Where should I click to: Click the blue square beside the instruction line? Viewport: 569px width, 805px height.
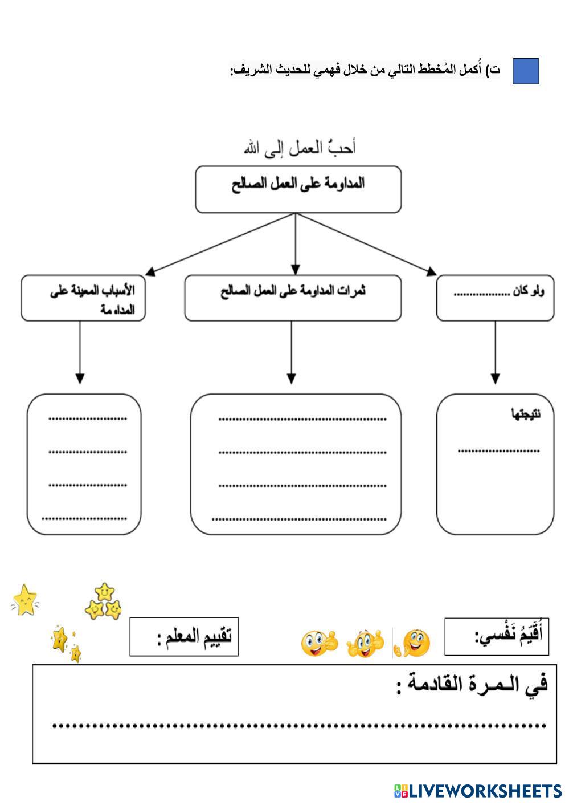(525, 71)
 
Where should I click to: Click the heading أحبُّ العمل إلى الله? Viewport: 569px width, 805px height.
(300, 148)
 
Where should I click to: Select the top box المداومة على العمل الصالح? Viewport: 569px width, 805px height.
(298, 189)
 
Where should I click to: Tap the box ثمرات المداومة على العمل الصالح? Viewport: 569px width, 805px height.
(293, 298)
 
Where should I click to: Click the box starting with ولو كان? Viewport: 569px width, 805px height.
(495, 298)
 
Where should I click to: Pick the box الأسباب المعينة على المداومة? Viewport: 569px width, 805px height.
(83, 298)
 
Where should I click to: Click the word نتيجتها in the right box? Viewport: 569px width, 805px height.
(525, 414)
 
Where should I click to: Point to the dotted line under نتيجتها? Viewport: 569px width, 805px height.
(498, 451)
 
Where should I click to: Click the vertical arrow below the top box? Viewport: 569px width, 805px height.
(295, 245)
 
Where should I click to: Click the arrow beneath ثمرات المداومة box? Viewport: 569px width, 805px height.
(291, 353)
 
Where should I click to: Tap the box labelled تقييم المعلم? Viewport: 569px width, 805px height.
(184, 636)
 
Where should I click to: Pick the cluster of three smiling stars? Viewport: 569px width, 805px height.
(104, 602)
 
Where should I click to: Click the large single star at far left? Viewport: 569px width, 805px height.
(24, 600)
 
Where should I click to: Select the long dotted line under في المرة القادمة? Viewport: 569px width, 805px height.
(299, 726)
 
